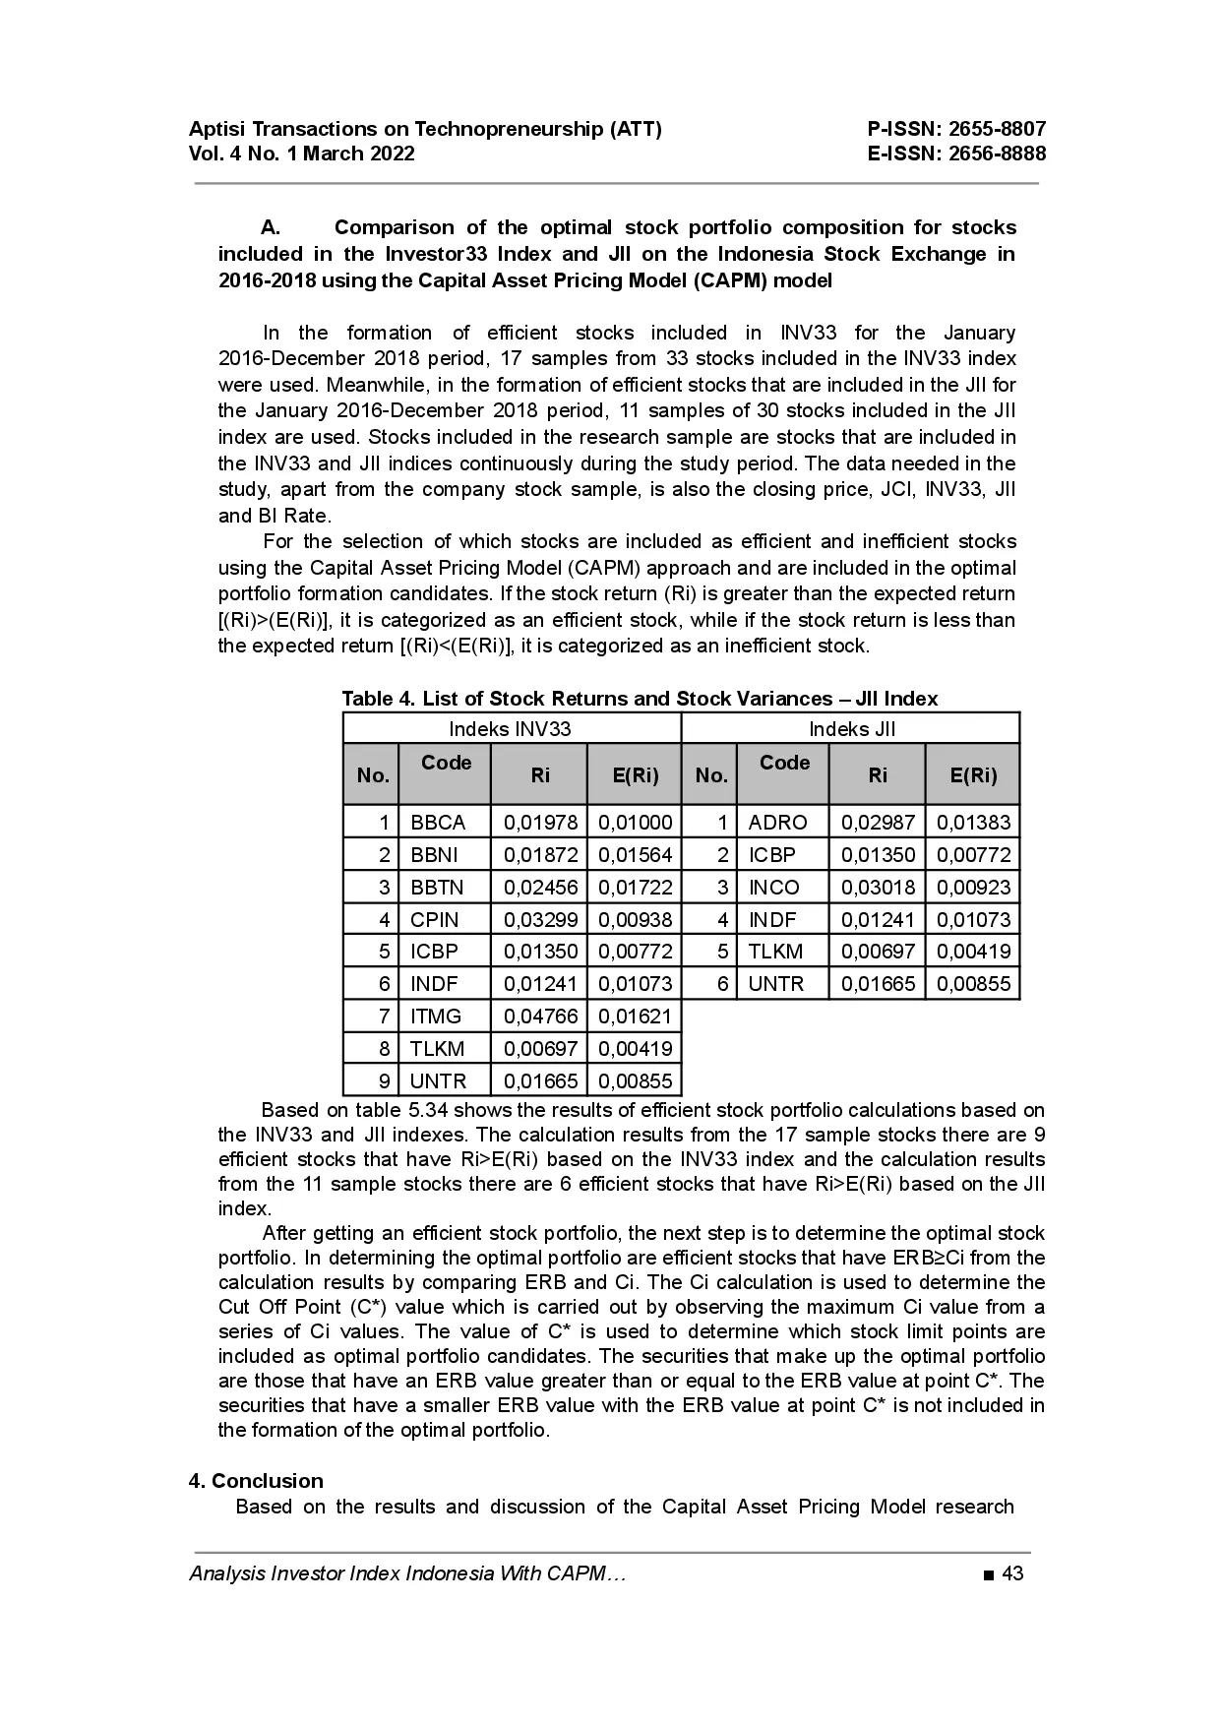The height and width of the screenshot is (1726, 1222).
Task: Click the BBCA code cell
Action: pos(438,823)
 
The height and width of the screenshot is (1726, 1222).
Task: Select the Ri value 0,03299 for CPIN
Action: pos(540,920)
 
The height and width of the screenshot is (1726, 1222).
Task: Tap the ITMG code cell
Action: pos(436,1017)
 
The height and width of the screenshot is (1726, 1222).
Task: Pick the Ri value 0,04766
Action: pos(540,1017)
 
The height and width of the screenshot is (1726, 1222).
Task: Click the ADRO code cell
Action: pos(777,823)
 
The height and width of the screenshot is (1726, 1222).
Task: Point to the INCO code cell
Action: pos(774,888)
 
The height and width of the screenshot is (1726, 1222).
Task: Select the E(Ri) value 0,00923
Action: pos(973,888)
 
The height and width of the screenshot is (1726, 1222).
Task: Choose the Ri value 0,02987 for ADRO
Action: pos(878,823)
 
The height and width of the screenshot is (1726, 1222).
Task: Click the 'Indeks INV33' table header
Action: pos(510,729)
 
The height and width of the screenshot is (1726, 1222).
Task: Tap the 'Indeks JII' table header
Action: pos(852,729)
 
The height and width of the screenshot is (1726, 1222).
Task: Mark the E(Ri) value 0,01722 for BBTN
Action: pos(636,888)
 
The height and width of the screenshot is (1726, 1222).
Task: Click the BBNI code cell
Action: pos(435,855)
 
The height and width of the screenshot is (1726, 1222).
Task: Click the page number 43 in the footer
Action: pos(1012,1573)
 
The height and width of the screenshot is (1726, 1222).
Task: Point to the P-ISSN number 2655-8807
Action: pos(997,129)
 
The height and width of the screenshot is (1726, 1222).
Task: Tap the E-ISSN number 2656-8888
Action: pos(997,154)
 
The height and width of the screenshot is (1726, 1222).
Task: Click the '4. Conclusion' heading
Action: pos(256,1481)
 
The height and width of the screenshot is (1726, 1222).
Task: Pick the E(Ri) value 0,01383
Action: pos(973,823)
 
